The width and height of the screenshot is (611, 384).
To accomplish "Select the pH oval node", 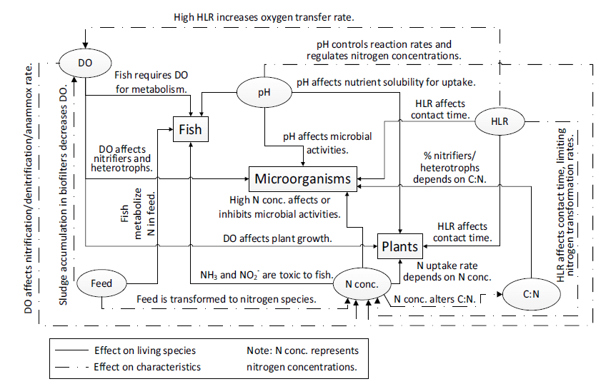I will tap(264, 93).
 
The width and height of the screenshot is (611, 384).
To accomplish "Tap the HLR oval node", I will tap(500, 121).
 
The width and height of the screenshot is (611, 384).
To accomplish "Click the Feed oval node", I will tap(101, 283).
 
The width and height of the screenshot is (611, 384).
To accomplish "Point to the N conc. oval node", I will tap(362, 285).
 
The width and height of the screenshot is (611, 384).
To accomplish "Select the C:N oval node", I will tap(529, 292).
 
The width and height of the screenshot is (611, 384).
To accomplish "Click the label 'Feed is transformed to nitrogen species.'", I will tap(227, 299).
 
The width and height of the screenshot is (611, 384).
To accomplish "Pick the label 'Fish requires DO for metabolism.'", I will tap(151, 82).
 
